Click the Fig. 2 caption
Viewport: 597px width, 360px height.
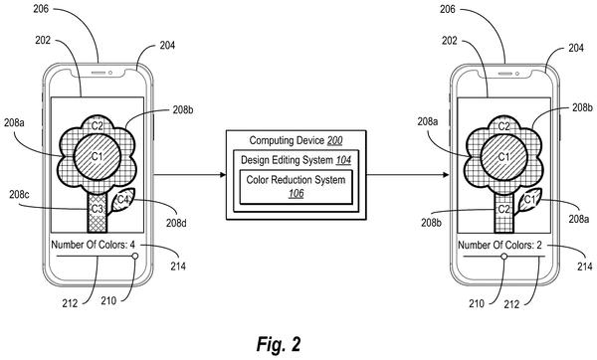pos(279,344)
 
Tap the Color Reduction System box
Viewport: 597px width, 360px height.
pos(296,187)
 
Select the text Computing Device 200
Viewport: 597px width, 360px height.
pos(296,140)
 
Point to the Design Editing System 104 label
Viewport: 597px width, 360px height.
pos(296,160)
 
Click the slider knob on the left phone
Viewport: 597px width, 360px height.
pos(135,257)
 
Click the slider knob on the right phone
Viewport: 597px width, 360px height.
pos(504,257)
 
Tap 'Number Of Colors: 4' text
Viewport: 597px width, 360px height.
pos(93,245)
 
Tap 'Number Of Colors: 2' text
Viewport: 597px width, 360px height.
pos(499,245)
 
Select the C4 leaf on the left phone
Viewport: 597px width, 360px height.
pos(122,200)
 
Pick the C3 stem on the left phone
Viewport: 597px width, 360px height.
pos(98,212)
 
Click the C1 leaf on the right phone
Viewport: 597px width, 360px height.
pos(529,200)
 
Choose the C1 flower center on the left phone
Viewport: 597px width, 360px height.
pos(98,156)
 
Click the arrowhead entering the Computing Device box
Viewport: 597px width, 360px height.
pos(223,175)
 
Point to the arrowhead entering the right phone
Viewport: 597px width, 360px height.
pos(446,175)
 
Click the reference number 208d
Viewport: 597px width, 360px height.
pos(176,223)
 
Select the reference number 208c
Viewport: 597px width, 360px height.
pos(19,195)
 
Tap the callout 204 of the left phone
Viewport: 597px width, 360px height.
pos(167,46)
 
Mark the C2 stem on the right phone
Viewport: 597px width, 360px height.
pos(503,213)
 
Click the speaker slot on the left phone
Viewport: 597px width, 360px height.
pos(99,73)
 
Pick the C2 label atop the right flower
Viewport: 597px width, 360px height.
pos(503,126)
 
